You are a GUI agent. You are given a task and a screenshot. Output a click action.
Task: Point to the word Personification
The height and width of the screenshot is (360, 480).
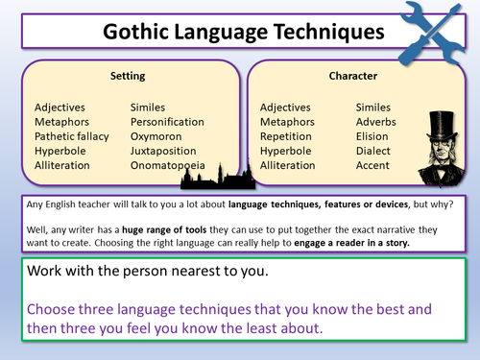[167, 123]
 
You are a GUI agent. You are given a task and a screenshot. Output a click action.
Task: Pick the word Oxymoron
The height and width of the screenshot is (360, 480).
[156, 137]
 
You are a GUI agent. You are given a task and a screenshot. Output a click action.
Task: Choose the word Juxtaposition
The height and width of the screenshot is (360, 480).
[166, 152]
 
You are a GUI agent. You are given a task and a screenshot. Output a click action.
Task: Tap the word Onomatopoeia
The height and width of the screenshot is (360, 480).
[169, 166]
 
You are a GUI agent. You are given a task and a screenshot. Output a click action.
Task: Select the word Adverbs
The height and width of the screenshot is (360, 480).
[377, 123]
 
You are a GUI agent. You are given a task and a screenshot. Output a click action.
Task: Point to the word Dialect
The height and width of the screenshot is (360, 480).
[373, 152]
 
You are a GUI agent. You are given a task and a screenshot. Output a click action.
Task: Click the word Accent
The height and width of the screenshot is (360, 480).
[373, 166]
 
